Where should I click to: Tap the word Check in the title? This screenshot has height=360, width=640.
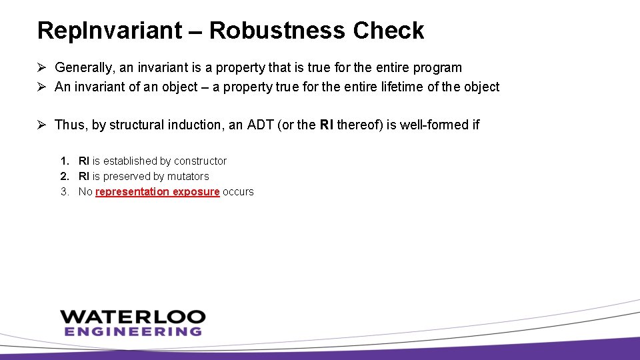(389, 31)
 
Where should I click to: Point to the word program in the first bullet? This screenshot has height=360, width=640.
(439, 67)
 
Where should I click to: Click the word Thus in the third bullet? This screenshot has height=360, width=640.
(69, 125)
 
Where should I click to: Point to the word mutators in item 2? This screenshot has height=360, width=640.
(188, 176)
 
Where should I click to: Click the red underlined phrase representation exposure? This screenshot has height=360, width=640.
(157, 191)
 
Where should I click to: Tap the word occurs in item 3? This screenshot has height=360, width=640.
(238, 191)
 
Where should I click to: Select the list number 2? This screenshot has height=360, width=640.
(64, 176)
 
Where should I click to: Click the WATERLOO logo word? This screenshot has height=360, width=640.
(133, 317)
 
